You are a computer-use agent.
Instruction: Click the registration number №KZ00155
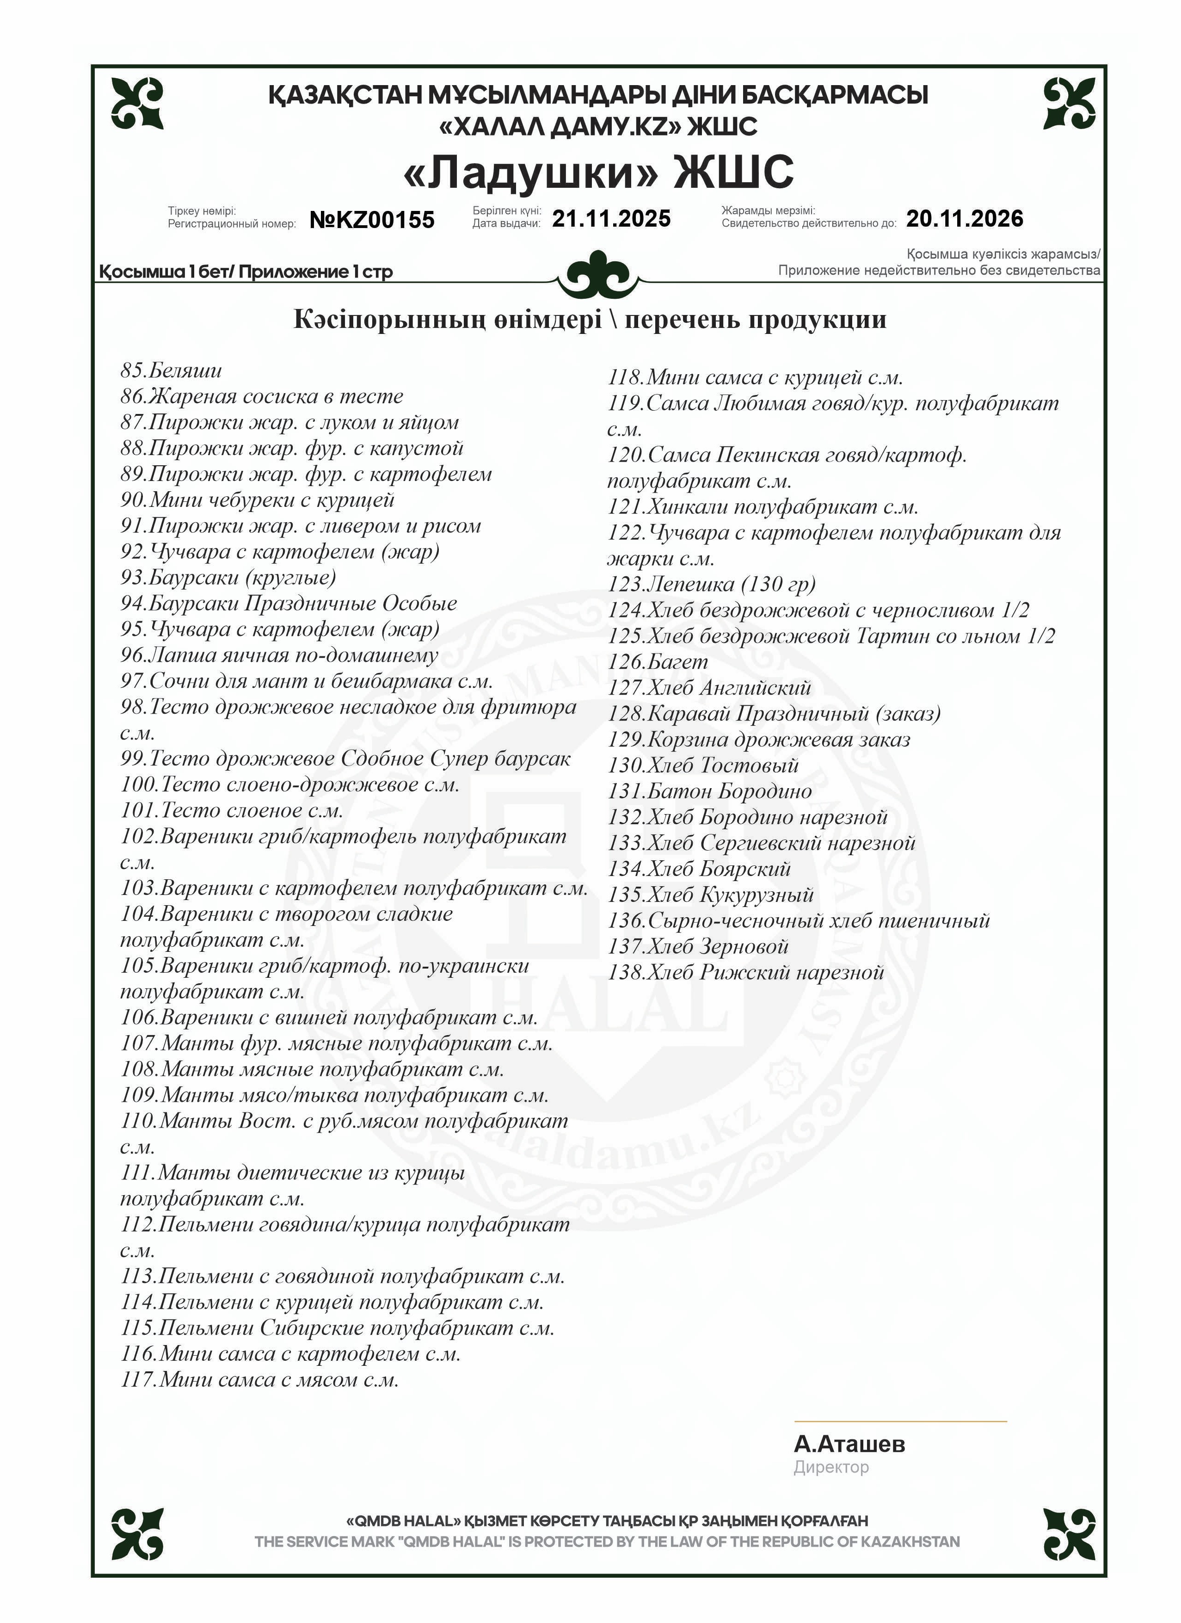tap(371, 220)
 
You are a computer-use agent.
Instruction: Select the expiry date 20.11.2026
tap(964, 218)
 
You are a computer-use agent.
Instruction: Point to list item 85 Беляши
tap(171, 370)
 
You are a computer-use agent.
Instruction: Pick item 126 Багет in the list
tap(658, 662)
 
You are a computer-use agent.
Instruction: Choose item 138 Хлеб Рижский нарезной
tap(746, 973)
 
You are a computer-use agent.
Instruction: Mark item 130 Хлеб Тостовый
tap(703, 765)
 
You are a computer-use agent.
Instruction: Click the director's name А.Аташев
tap(849, 1444)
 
